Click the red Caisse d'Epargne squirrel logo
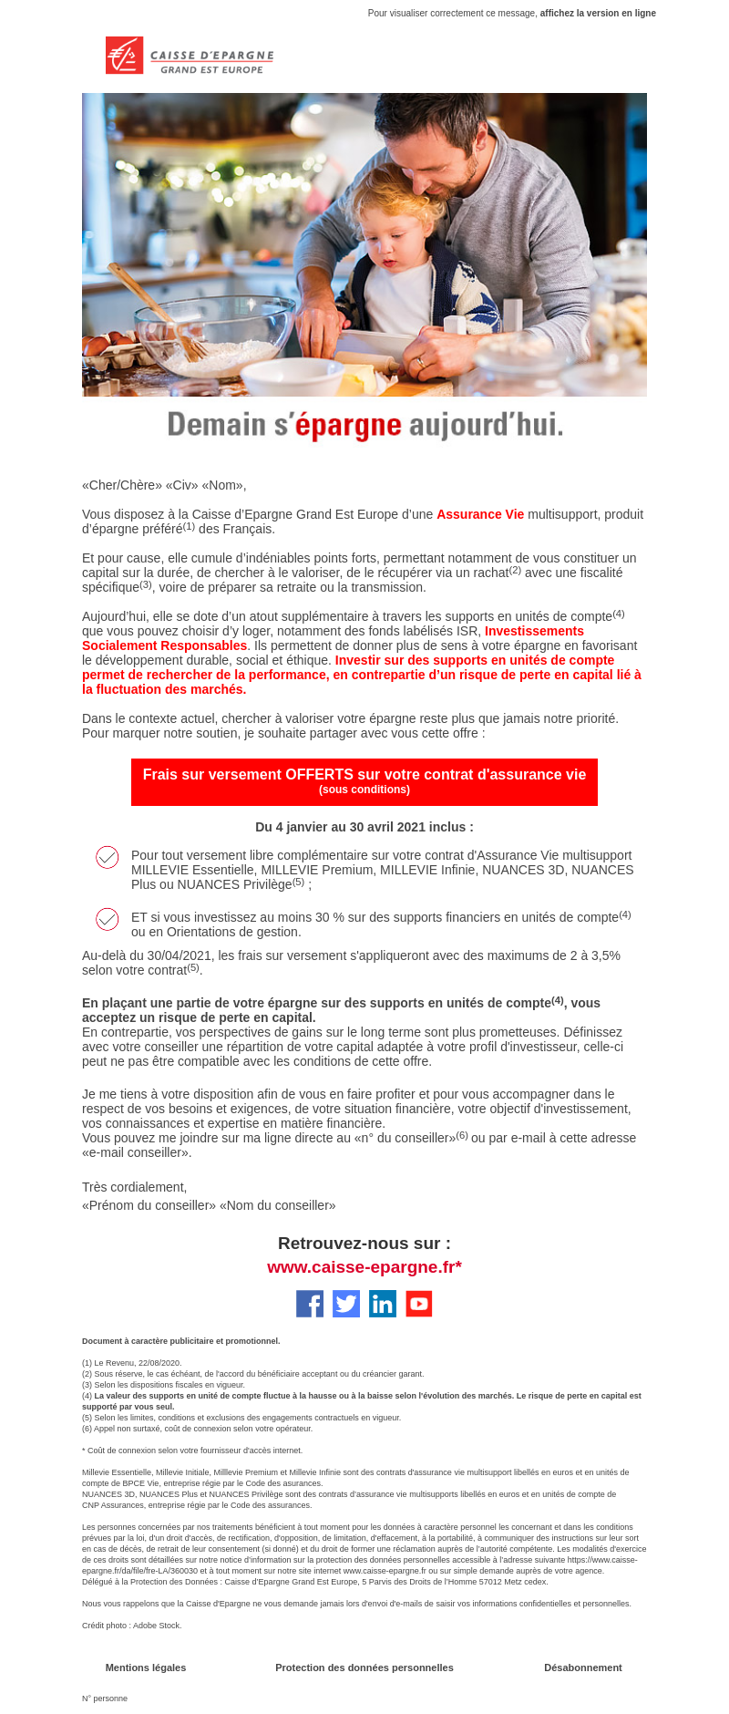tap(125, 56)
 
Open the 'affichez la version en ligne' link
tap(598, 14)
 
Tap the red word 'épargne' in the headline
tap(347, 426)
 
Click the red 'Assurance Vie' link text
tap(480, 514)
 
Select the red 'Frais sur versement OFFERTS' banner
tap(364, 781)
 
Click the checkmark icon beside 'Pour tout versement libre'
tap(108, 857)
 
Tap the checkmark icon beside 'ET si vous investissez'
tap(108, 919)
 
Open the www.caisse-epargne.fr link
tap(364, 1267)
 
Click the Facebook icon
tap(310, 1304)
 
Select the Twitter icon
tap(346, 1304)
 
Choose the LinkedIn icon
tap(383, 1304)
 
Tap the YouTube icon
tap(419, 1304)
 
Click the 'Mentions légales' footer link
tap(146, 1668)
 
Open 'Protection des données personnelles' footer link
tap(364, 1668)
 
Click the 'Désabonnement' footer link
tap(583, 1668)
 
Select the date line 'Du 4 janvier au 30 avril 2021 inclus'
tap(364, 827)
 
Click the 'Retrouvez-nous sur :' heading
tap(364, 1244)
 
